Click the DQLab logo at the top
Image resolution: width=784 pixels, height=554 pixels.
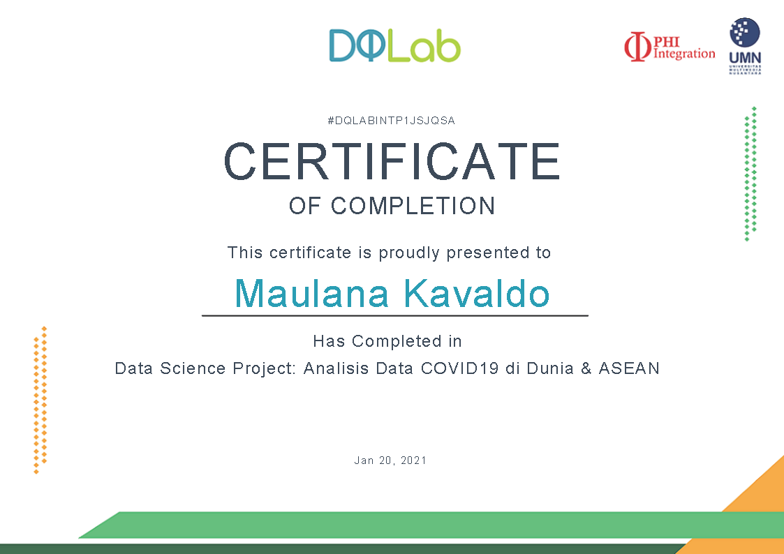click(394, 45)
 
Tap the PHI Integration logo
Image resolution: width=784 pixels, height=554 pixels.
click(670, 47)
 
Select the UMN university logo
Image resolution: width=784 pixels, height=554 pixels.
click(745, 46)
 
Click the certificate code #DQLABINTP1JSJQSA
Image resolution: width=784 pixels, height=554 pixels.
click(391, 121)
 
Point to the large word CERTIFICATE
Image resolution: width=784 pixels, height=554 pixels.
click(392, 161)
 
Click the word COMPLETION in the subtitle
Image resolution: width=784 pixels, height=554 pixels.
click(413, 206)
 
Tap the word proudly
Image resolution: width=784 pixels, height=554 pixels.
click(409, 253)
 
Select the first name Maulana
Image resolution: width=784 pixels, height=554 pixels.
click(311, 293)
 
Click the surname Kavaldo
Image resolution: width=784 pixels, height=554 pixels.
click(477, 293)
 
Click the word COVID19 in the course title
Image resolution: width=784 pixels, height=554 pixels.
click(459, 368)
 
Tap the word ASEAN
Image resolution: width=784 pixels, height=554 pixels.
click(629, 368)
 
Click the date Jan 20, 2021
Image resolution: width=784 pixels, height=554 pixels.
click(390, 461)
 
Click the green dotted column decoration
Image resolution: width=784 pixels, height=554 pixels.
click(750, 174)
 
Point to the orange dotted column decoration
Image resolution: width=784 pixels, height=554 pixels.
click(40, 400)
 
